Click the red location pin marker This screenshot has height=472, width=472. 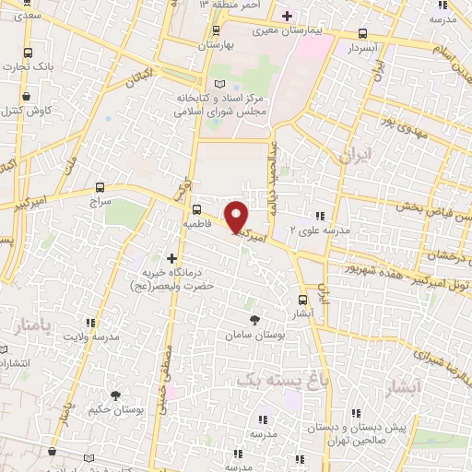[237, 218]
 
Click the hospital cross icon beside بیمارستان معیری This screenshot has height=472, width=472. [287, 16]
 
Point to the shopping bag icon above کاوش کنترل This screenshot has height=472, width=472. [28, 94]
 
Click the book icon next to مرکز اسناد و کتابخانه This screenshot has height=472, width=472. [218, 83]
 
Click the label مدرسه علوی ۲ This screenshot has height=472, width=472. [320, 230]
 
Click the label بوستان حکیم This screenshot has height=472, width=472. [113, 408]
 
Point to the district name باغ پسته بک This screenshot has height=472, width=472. [282, 380]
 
